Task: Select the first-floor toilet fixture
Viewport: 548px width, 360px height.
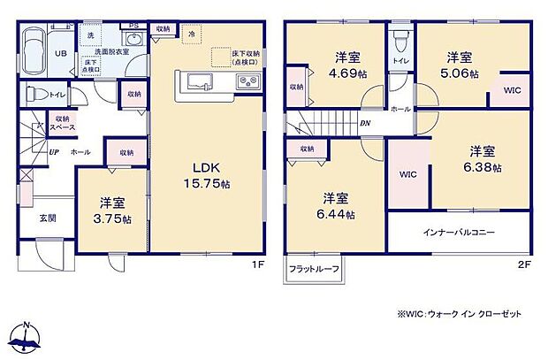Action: (x=34, y=91)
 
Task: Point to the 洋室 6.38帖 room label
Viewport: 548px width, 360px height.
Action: (x=484, y=160)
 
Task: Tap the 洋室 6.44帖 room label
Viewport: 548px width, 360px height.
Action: (x=338, y=205)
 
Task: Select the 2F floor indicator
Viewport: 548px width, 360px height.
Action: (x=523, y=262)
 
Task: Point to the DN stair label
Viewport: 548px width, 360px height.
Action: (x=364, y=123)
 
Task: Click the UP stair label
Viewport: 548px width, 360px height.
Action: (x=55, y=152)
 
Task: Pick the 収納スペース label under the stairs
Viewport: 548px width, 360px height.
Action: (x=62, y=123)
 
